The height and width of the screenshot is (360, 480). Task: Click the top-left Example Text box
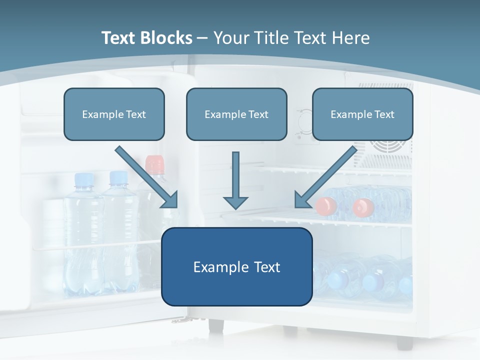click(x=114, y=114)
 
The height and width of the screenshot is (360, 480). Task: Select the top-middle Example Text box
click(x=236, y=114)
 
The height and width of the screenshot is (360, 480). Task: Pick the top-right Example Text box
click(x=362, y=114)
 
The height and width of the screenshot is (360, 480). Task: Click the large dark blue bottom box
click(x=236, y=266)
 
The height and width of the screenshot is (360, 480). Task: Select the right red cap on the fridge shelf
click(x=363, y=207)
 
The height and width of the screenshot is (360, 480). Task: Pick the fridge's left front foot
click(x=215, y=324)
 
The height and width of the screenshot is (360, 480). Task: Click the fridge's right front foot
click(x=404, y=342)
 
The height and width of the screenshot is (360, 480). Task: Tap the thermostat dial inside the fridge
click(x=303, y=121)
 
